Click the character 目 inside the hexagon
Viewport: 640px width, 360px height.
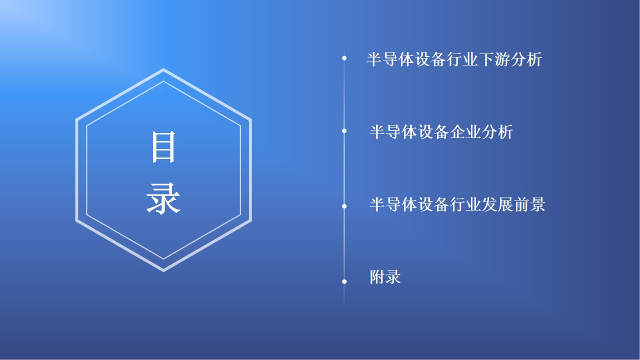pyautogui.click(x=163, y=147)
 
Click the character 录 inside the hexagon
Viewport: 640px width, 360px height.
pyautogui.click(x=163, y=198)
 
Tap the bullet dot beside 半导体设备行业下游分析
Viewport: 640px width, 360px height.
pyautogui.click(x=344, y=58)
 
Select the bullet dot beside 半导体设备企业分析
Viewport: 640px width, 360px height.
pyautogui.click(x=344, y=131)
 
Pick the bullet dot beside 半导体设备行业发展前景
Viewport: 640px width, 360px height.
pyautogui.click(x=344, y=206)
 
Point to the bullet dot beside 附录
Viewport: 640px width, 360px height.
pyautogui.click(x=344, y=281)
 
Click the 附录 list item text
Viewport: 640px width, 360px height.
pyautogui.click(x=385, y=277)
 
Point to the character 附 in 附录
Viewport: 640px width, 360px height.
pyautogui.click(x=377, y=277)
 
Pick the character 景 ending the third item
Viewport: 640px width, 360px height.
pyautogui.click(x=537, y=204)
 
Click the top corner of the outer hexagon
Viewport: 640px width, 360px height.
pyautogui.click(x=163, y=69)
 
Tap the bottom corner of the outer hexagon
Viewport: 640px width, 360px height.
pyautogui.click(x=163, y=271)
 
